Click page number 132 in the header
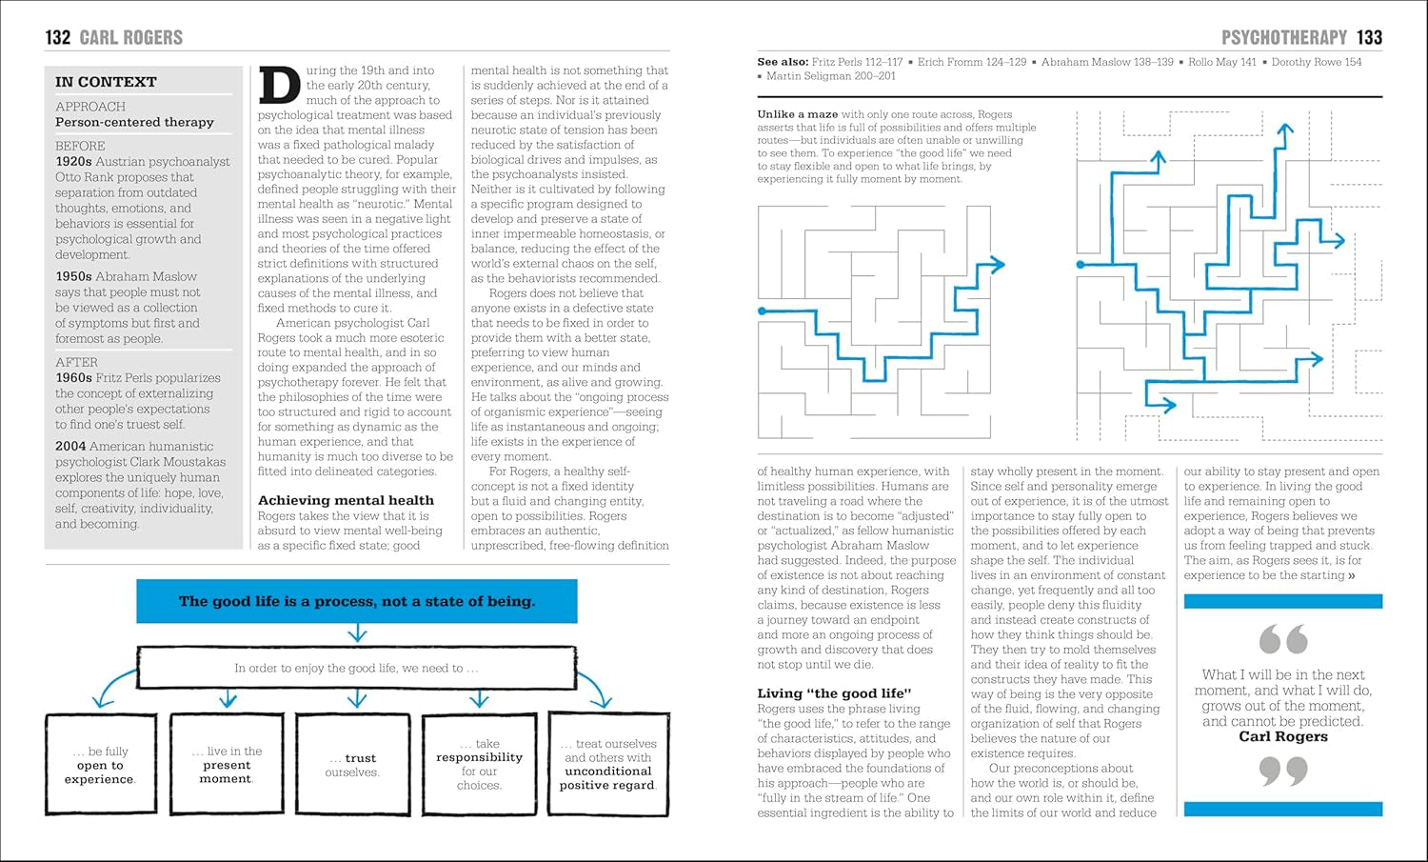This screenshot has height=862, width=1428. coord(58,37)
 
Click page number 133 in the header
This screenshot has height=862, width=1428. coord(1369,37)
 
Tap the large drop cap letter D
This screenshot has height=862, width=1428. coord(279,86)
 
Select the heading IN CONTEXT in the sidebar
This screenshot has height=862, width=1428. coord(106,82)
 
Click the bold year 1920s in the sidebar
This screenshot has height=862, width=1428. coord(73,162)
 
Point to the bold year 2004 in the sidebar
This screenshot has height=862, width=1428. coord(70,447)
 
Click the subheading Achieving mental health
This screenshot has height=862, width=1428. coord(346,500)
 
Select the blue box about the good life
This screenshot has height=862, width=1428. coord(357,601)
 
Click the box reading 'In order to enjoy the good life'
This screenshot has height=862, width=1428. coord(357,668)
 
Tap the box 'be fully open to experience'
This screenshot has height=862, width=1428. coord(100,765)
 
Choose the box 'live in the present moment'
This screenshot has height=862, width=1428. coord(227,765)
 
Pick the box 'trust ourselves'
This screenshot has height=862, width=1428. coord(352,765)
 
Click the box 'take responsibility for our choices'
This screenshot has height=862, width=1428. coord(479,765)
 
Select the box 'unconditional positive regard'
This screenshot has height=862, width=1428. coord(608,765)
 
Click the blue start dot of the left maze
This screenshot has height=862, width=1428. coord(762,311)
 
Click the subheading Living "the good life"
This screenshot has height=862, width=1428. coord(834,693)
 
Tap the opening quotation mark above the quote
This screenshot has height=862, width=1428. coord(1282,639)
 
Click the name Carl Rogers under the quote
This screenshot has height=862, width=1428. coord(1282,736)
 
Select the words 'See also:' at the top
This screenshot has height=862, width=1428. coord(782,62)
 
